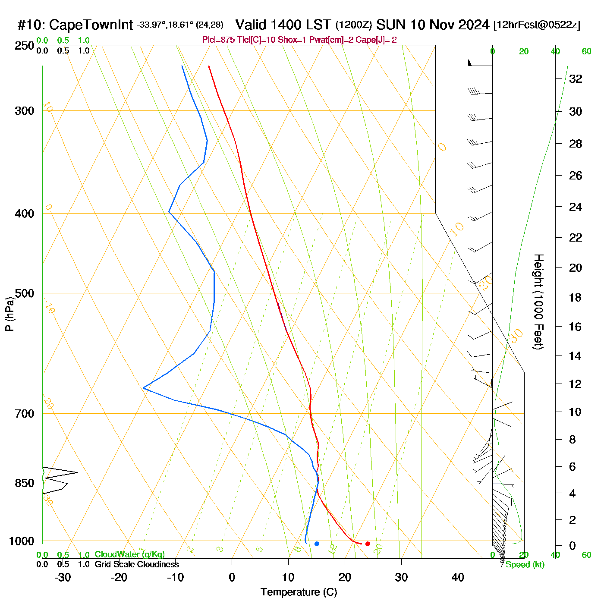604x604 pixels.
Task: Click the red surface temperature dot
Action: pos(368,544)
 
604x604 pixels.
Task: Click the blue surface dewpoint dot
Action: pos(317,544)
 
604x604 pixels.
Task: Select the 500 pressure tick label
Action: pos(25,293)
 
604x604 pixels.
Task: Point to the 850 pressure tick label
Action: pos(25,483)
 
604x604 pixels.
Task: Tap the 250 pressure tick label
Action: pos(25,46)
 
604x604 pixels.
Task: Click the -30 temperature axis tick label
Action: pos(63,577)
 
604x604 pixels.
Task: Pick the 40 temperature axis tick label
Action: pos(458,577)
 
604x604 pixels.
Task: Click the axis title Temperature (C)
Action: pos(299,592)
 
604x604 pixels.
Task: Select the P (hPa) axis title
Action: pos(9,314)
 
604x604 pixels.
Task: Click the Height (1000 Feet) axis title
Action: pos(538,302)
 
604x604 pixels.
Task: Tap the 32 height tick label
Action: pos(576,79)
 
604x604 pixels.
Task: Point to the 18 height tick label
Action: pos(576,297)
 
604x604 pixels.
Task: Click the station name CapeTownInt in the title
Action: pos(91,25)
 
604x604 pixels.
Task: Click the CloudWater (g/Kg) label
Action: pos(129,554)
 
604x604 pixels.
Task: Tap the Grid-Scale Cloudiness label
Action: pos(137,564)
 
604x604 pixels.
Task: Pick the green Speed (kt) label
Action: pos(525,565)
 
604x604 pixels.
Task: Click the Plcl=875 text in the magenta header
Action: pos(218,40)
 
